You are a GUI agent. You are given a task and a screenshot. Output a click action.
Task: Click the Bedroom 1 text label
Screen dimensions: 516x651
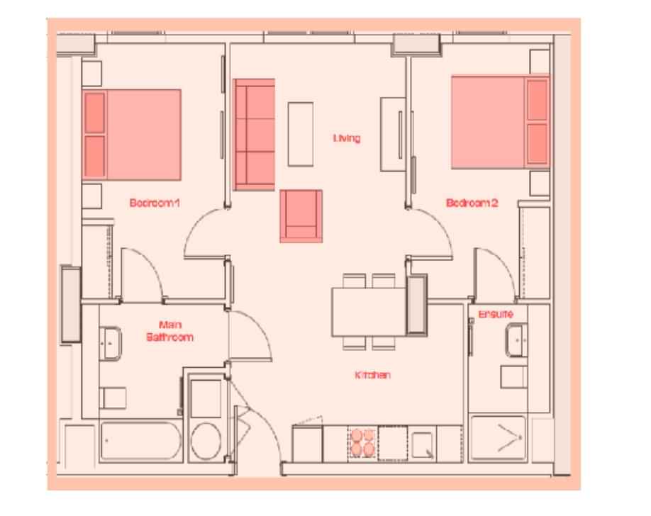coord(155,203)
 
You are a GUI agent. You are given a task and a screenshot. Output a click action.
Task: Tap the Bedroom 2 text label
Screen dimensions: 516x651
coord(472,203)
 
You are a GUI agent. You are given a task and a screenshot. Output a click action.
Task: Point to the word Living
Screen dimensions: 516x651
coord(347,138)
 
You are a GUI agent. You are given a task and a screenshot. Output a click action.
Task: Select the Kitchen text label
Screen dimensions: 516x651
coord(372,375)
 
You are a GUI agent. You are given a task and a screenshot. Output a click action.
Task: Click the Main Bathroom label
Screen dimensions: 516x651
coord(169,331)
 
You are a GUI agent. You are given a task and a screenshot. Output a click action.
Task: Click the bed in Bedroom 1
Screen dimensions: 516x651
coord(133,133)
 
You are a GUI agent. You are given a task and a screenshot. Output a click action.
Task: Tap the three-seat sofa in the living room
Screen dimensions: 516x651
coord(255,135)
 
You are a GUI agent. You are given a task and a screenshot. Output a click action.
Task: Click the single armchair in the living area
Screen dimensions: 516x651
coord(301,215)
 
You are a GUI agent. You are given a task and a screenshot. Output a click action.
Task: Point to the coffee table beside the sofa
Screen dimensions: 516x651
coord(300,134)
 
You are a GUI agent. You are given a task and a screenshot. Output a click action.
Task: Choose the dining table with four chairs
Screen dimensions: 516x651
coord(368,311)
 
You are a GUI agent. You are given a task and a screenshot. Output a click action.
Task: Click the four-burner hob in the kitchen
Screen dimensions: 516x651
coord(362,442)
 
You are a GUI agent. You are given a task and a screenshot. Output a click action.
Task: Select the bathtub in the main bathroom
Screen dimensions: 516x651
coord(139,442)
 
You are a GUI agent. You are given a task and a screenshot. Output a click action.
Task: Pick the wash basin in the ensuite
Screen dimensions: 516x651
coord(518,340)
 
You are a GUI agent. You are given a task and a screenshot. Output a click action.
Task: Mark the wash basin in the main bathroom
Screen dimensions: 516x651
coord(111,343)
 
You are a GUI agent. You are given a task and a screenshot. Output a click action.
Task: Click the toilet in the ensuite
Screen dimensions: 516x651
coord(513,377)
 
